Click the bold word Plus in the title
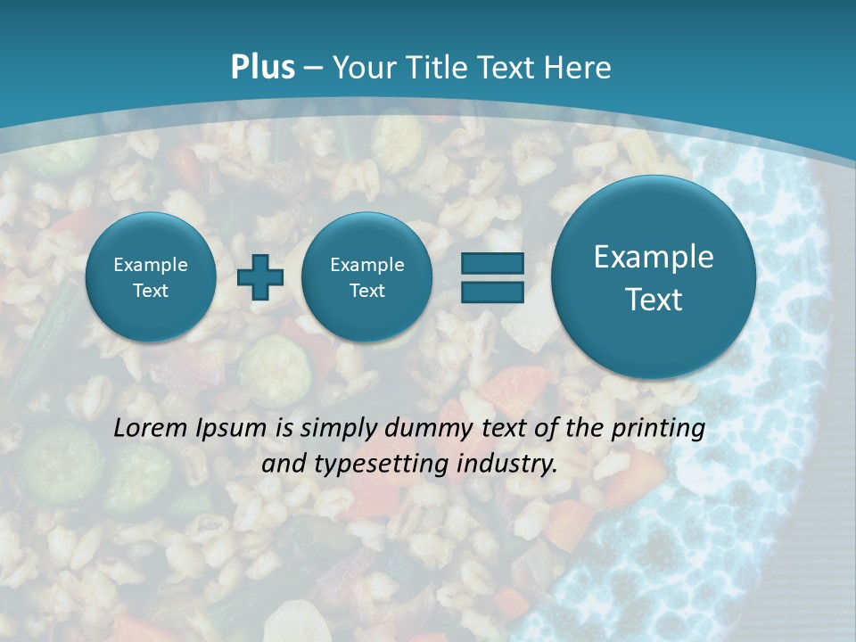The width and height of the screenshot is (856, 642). (262, 68)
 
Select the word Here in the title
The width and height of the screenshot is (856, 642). (580, 68)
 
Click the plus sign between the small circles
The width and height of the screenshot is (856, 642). (260, 276)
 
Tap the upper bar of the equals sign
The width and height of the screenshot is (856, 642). (491, 263)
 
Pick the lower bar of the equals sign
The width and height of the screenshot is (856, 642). (491, 291)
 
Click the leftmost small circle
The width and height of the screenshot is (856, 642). (150, 277)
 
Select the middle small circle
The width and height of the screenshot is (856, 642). (366, 277)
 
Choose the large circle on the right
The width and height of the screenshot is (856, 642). (654, 277)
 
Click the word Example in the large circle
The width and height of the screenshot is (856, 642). (654, 257)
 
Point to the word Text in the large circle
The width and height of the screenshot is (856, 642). (654, 300)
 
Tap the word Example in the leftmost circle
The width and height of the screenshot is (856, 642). (150, 265)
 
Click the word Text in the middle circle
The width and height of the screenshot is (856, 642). (366, 291)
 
